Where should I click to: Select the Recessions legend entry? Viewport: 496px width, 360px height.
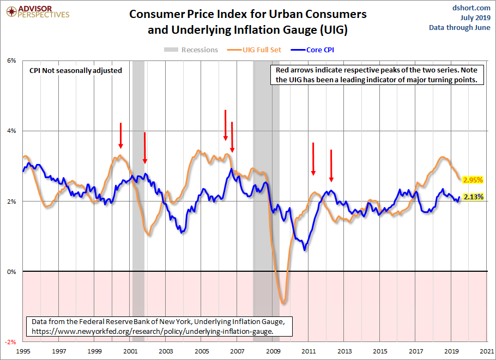pos(191,50)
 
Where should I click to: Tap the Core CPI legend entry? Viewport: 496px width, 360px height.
pos(317,50)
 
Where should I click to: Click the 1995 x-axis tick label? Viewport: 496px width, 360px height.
pos(23,352)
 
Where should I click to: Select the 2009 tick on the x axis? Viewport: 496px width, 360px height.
pos(273,352)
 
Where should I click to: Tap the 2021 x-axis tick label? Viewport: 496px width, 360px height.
pos(487,352)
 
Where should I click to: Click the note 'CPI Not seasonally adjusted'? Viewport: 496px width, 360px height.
pos(76,70)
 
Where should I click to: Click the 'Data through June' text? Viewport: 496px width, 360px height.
pos(460,27)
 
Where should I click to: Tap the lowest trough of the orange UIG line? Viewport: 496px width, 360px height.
pos(283,302)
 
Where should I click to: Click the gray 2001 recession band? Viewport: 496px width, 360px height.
pos(138,163)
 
